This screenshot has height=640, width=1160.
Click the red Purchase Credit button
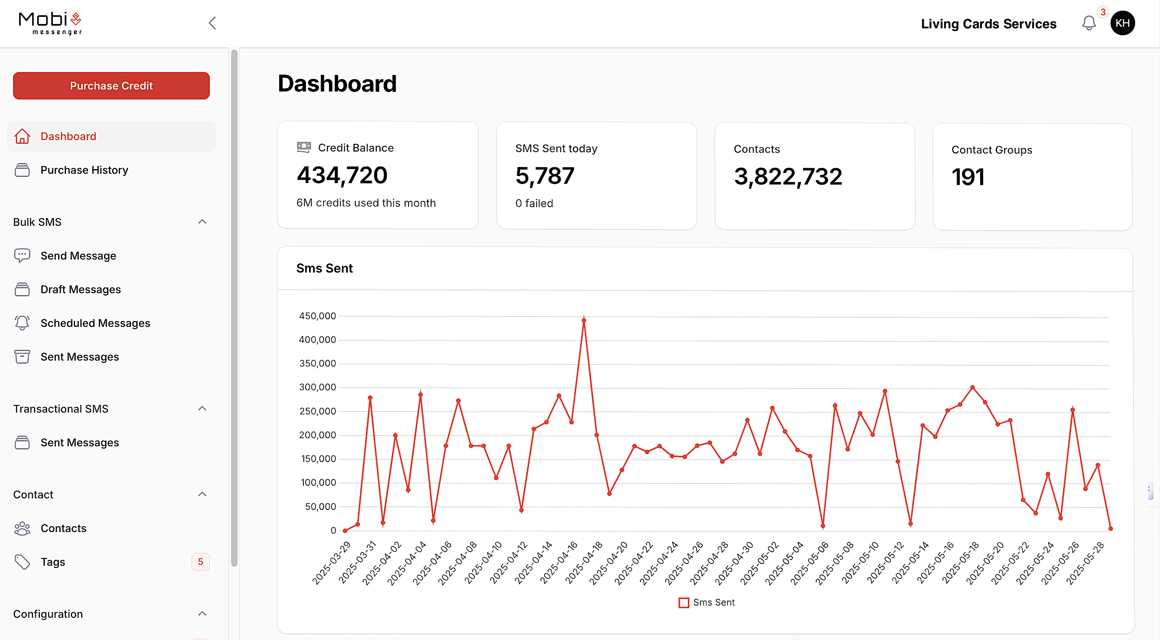(111, 85)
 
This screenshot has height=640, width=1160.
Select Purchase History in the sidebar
(84, 170)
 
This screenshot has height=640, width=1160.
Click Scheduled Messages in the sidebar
(95, 323)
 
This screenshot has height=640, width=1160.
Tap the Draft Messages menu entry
(80, 289)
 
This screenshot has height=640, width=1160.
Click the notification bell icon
(1088, 23)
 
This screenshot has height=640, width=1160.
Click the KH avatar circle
(1122, 23)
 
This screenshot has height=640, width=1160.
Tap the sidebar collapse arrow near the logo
(213, 23)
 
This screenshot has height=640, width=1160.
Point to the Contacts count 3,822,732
(788, 176)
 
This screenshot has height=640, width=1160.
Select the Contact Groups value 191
(968, 177)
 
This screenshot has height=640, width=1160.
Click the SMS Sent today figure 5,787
(545, 176)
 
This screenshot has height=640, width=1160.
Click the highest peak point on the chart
(584, 320)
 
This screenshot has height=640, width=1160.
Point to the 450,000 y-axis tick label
(317, 316)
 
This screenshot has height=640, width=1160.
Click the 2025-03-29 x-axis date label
(332, 562)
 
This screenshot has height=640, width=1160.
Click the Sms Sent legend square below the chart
(684, 602)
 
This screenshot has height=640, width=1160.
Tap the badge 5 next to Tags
(200, 562)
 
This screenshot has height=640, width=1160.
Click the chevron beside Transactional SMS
(202, 409)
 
